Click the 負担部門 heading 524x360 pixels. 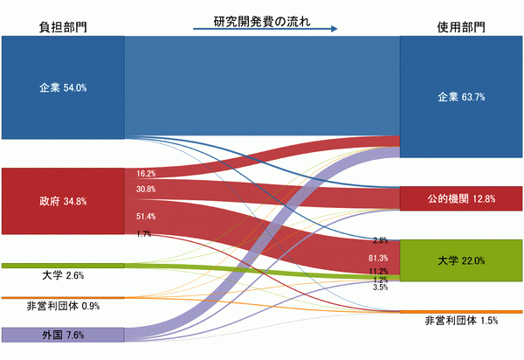click(63, 27)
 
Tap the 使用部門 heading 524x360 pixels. click(461, 27)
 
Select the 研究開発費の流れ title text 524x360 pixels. click(262, 21)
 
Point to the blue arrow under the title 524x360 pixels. click(265, 29)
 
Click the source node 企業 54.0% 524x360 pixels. click(63, 87)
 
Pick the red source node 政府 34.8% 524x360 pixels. click(63, 201)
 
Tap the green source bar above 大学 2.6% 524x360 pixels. click(63, 266)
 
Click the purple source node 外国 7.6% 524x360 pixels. click(63, 335)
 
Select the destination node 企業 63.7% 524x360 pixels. click(461, 97)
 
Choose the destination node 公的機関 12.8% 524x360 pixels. click(461, 198)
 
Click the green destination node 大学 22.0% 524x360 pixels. click(461, 260)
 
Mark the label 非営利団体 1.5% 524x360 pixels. click(461, 321)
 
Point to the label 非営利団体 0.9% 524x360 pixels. click(63, 306)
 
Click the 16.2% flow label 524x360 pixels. click(146, 174)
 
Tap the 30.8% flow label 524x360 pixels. click(146, 190)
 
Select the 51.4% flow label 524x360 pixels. click(146, 217)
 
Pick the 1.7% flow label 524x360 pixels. click(144, 234)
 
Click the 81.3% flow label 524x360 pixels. click(378, 258)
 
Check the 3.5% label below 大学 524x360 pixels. click(381, 287)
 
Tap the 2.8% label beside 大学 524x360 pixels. click(381, 240)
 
